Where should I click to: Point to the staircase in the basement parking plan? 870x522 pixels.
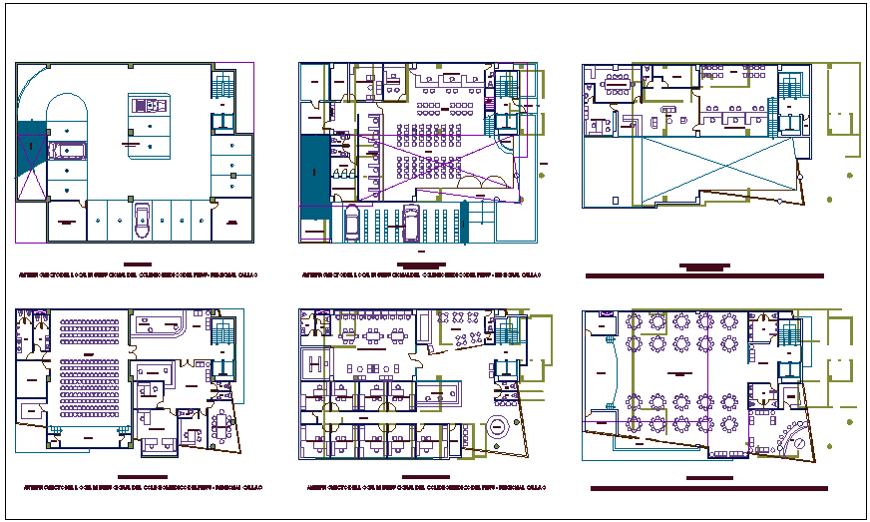tap(223, 88)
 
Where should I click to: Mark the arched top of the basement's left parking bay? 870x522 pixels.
tap(67, 105)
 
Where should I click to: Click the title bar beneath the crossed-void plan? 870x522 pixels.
tap(704, 275)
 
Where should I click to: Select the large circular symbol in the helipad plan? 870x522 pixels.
tap(496, 430)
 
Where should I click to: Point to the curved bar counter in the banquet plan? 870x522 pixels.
tap(795, 439)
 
